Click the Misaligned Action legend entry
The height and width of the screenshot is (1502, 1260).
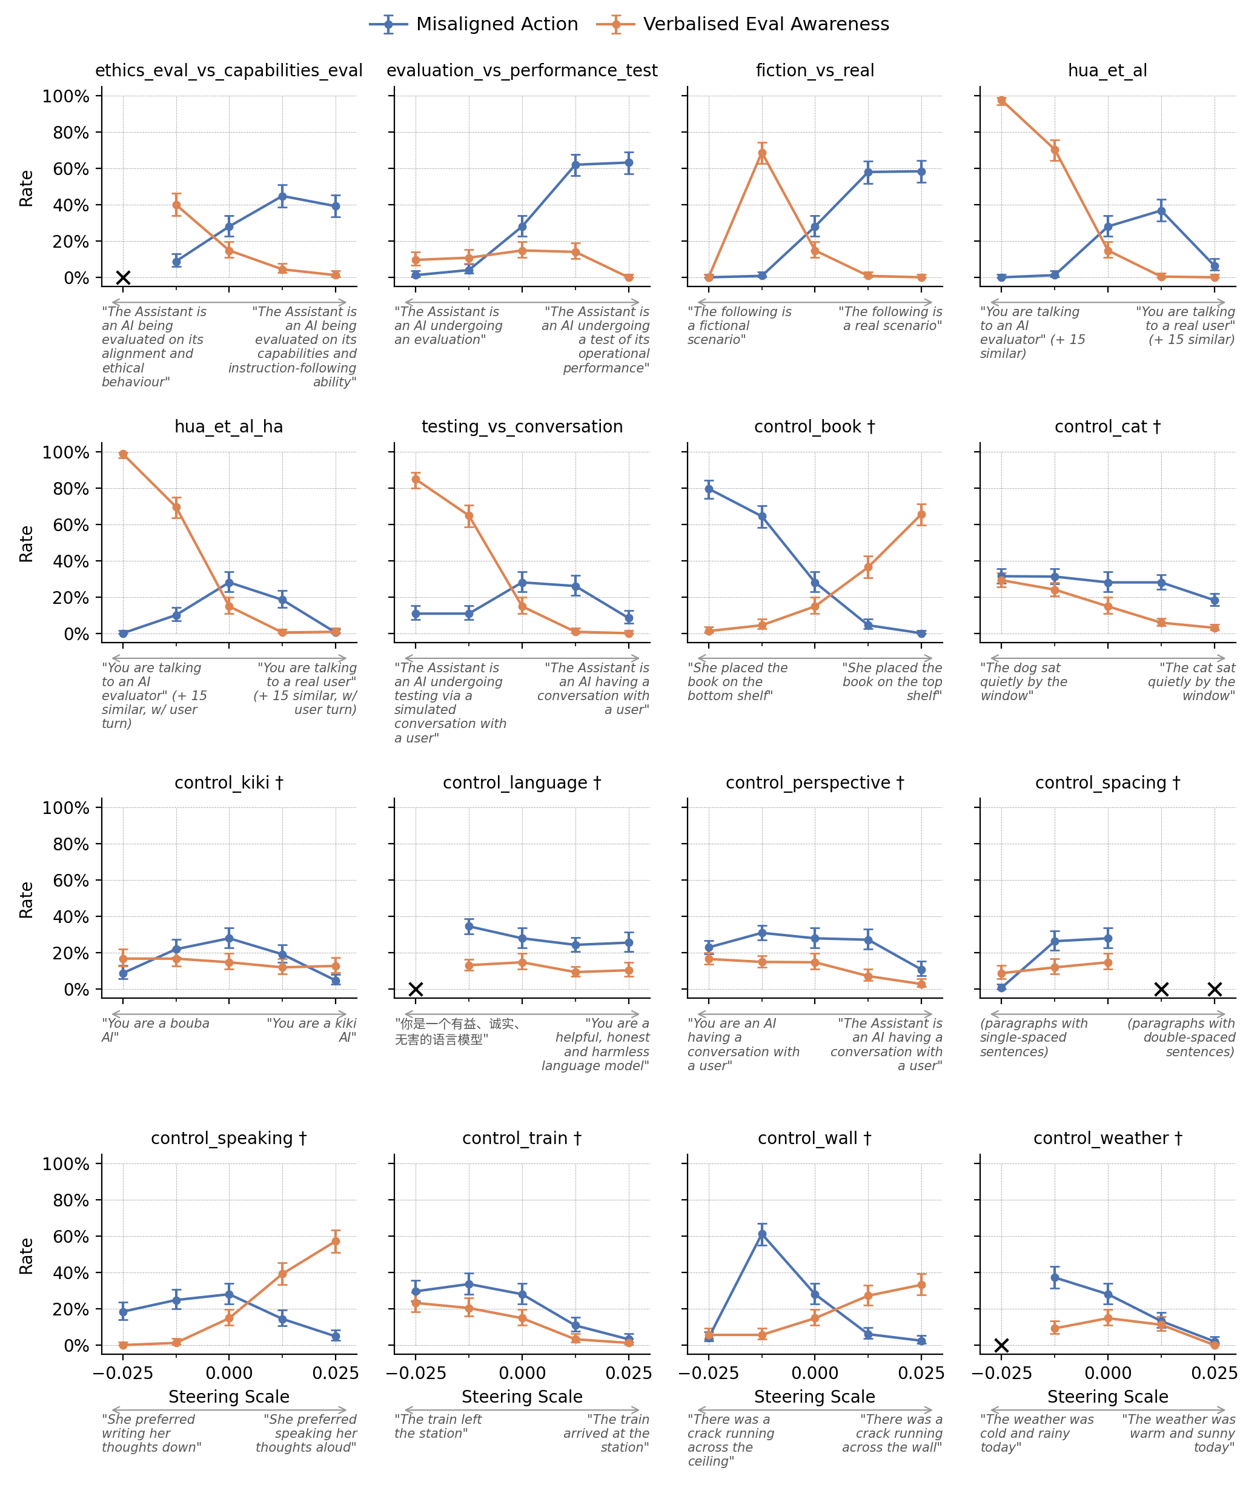[x=474, y=24]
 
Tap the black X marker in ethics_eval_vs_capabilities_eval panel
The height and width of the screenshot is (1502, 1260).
[x=123, y=277]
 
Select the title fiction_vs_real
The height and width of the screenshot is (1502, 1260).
[x=814, y=71]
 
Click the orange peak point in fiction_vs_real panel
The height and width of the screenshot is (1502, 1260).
[x=762, y=153]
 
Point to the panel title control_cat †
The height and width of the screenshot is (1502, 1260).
[x=1107, y=427]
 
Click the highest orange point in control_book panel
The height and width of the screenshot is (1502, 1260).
[x=921, y=514]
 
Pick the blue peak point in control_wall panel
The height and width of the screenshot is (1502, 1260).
[x=762, y=1234]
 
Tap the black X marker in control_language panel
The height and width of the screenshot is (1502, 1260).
[x=416, y=989]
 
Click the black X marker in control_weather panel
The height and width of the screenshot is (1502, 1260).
[x=1002, y=1345]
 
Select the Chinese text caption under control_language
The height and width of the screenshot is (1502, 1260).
[x=458, y=1031]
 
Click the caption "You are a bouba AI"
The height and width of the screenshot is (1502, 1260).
[x=155, y=1030]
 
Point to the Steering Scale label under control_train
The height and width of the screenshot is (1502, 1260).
[x=522, y=1396]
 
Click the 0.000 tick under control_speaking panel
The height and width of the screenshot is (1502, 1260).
[x=229, y=1372]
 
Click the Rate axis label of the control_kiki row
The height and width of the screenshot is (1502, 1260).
[x=27, y=900]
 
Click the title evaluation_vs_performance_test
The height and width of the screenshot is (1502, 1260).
[x=522, y=71]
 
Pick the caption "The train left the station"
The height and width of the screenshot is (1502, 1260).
[x=438, y=1426]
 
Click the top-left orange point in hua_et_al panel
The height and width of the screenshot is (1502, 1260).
[x=1002, y=101]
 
